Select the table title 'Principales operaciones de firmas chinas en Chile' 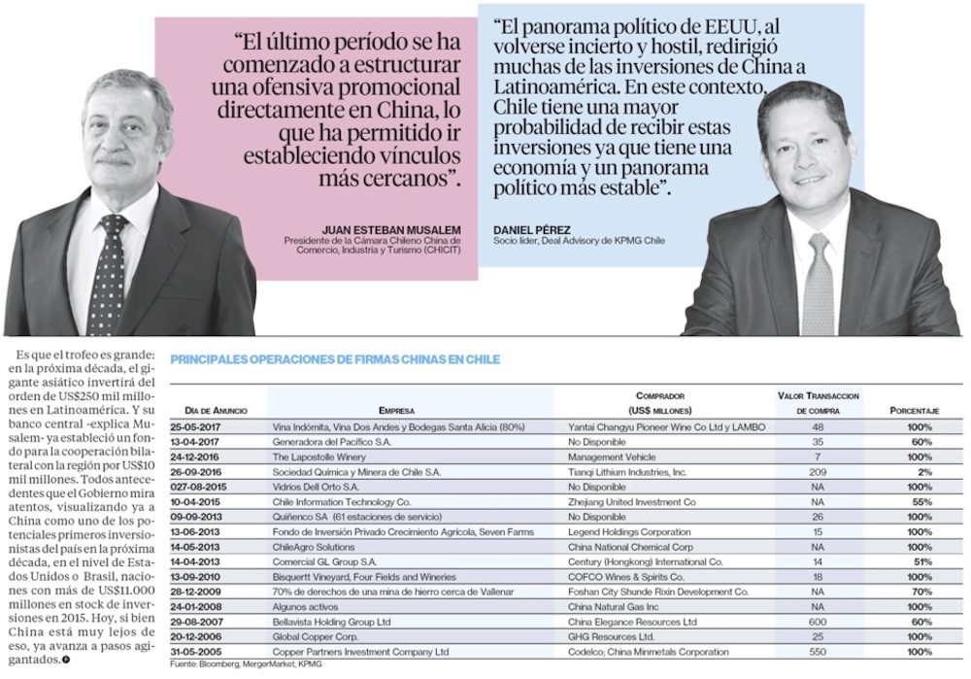coord(335,359)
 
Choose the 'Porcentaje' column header coord(914,411)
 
